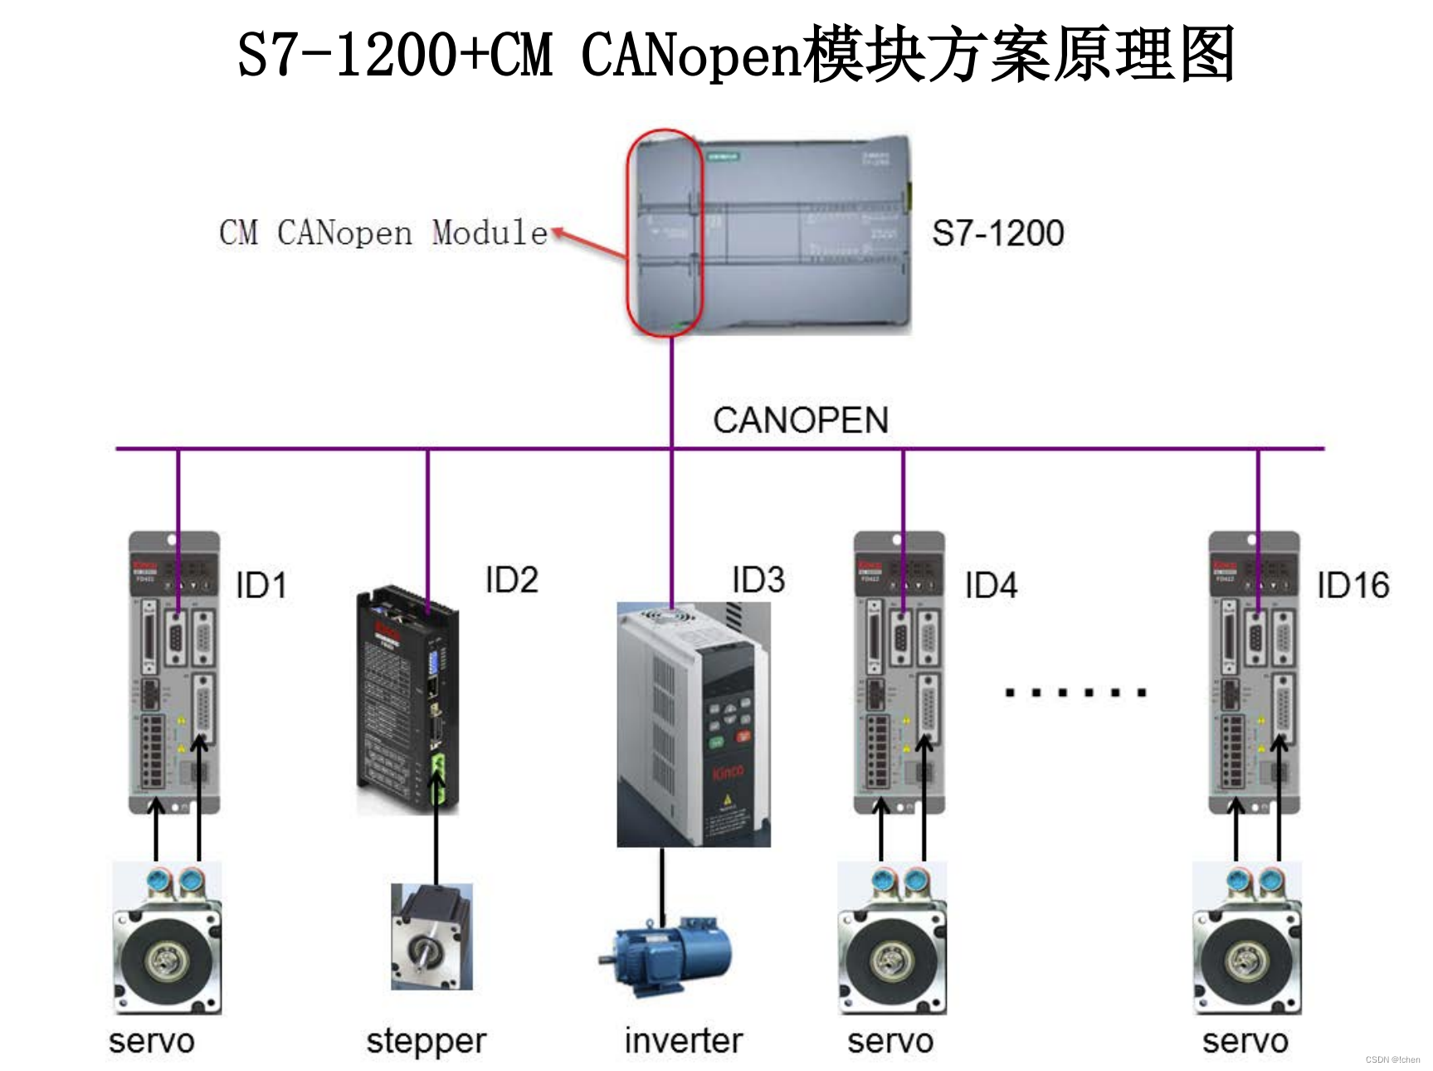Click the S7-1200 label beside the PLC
[997, 233]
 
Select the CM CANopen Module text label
[383, 233]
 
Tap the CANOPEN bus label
[801, 420]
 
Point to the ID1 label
[261, 585]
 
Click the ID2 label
[511, 579]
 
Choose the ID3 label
[758, 579]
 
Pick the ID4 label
[991, 585]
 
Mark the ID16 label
[1353, 585]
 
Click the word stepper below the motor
[426, 1041]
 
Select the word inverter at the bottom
[684, 1040]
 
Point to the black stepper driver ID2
[407, 699]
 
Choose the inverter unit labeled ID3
[694, 723]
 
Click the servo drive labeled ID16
[1254, 672]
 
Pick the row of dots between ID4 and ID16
[1075, 692]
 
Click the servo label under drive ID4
[890, 1041]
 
